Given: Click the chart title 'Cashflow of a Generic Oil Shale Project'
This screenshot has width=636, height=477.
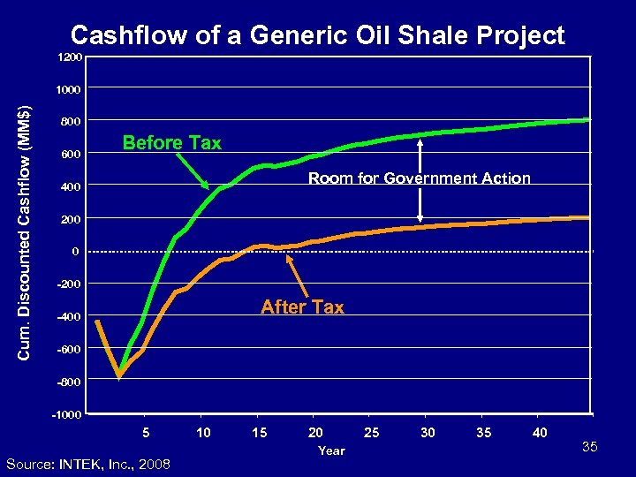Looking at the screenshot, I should point(317,34).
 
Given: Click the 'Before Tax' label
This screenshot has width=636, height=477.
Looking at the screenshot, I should point(171,143).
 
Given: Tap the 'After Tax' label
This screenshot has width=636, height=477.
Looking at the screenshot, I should point(302,307).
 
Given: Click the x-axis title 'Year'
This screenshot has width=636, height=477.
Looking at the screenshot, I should point(331,450).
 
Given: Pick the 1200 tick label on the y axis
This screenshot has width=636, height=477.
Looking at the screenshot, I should point(69,57).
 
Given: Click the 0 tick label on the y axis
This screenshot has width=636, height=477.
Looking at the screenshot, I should point(76,252).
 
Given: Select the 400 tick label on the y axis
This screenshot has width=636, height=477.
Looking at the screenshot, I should point(71,187).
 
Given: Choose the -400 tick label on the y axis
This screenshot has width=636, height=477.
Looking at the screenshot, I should point(68,317).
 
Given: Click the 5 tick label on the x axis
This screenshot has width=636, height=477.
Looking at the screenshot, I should point(146,432).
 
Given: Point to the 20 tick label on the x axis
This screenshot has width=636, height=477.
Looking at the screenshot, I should point(315,432).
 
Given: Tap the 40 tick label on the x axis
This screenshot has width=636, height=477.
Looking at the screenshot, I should point(541,432).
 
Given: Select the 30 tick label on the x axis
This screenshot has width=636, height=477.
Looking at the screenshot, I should point(428,432).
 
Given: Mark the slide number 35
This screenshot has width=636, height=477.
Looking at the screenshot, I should point(590,448).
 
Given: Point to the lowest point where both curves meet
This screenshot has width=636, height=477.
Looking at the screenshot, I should point(119,377).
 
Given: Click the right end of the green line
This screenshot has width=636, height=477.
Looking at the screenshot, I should point(588,119).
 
